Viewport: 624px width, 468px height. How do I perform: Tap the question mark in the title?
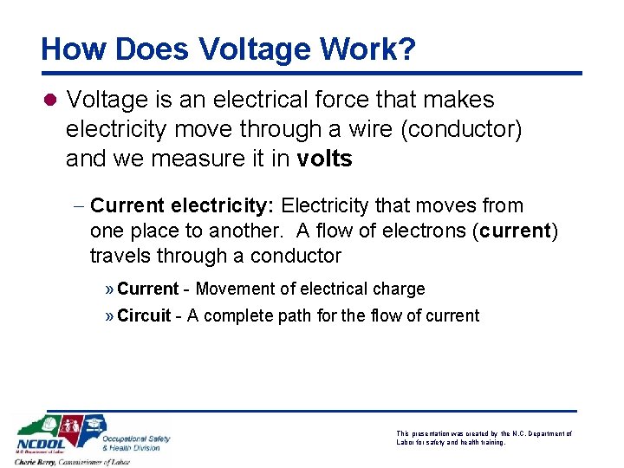click(x=406, y=49)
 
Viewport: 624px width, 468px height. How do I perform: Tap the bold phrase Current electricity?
click(x=183, y=206)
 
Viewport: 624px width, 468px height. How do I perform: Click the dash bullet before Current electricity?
click(x=78, y=206)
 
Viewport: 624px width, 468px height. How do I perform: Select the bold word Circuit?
click(x=144, y=315)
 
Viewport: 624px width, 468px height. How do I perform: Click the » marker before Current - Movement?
click(x=110, y=289)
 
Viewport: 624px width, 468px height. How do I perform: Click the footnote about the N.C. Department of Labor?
click(x=484, y=438)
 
